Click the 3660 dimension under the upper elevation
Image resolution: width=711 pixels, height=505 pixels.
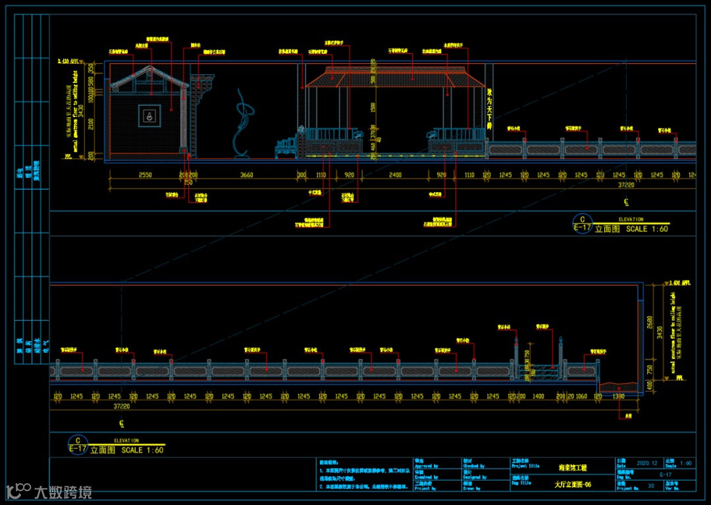pos(247,175)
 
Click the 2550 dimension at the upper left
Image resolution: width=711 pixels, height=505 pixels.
pos(145,175)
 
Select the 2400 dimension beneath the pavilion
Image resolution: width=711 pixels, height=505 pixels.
pos(395,175)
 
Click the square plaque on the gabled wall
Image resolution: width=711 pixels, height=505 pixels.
pos(149,116)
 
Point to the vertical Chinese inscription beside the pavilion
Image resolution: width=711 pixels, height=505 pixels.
pos(489,108)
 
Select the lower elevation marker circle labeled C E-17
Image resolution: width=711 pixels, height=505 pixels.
pos(78,444)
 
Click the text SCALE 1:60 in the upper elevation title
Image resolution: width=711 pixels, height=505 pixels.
pos(647,229)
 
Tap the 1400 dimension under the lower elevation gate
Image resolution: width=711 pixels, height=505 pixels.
pos(539,397)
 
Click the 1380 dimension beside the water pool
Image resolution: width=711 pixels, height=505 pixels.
pos(619,397)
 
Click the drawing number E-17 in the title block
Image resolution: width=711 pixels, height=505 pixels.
pos(666,474)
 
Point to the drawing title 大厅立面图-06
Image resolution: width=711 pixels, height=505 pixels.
pos(573,485)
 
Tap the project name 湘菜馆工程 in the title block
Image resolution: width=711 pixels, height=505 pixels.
pos(573,467)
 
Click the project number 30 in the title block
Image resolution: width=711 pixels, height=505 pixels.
pos(651,485)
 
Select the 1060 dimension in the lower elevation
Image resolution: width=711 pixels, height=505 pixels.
pos(581,397)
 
